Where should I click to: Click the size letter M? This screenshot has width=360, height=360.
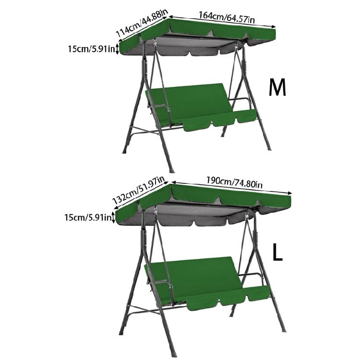point(277,87)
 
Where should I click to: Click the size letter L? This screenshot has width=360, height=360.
point(277,252)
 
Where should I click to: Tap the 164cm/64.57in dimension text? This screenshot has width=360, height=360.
point(226,18)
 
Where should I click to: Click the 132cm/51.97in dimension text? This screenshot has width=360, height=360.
point(139,191)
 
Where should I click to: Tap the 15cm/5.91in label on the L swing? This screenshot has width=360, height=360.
point(88,217)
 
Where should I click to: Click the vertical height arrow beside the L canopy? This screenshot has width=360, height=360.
point(113,217)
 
